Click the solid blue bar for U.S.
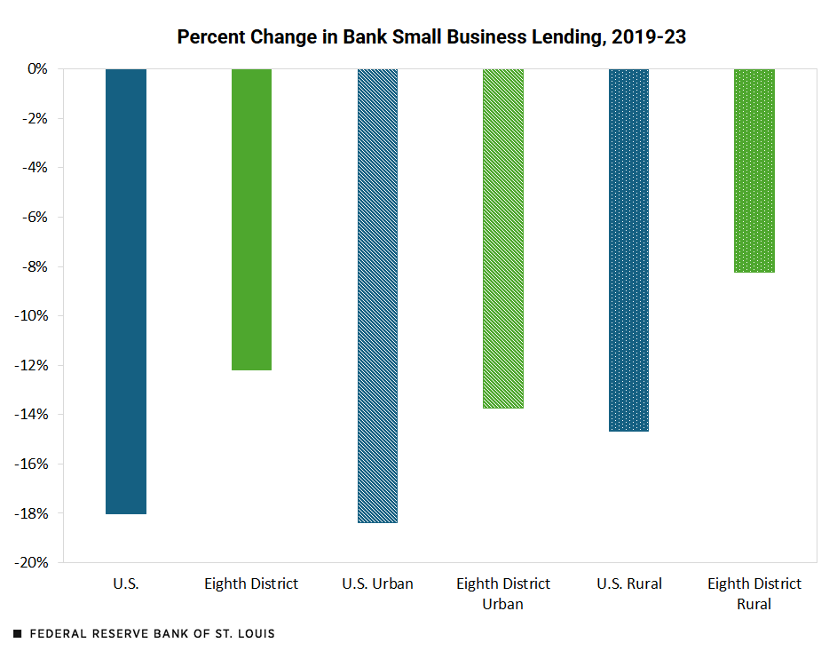(x=125, y=291)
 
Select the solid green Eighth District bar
(x=251, y=219)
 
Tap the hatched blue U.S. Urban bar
(x=377, y=296)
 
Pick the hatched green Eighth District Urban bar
(x=503, y=238)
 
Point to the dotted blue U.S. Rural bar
(x=629, y=250)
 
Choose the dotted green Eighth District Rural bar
(x=754, y=171)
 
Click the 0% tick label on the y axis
(x=48, y=68)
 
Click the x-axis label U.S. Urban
(x=377, y=584)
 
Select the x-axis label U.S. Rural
(x=629, y=584)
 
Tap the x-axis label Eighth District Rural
(x=754, y=593)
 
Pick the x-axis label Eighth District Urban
(x=503, y=593)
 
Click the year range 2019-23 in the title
(x=649, y=37)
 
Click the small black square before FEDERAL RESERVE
(x=18, y=634)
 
